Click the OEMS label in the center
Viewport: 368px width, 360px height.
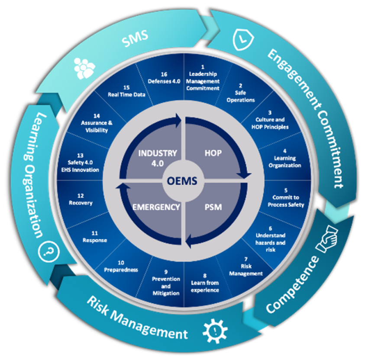(183, 180)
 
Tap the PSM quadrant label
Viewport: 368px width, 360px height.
(213, 207)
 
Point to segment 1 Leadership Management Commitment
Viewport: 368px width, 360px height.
(203, 78)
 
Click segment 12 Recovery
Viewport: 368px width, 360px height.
(81, 199)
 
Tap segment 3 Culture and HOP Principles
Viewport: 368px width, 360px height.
(272, 123)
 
